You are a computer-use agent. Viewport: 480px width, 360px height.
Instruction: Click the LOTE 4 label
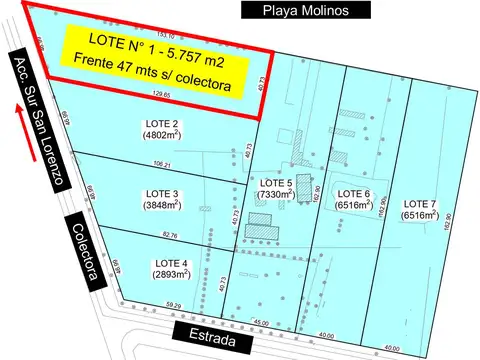[x=168, y=262]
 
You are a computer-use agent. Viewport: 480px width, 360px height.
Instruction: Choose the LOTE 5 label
[x=275, y=183]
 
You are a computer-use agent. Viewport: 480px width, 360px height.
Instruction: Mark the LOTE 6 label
[x=353, y=193]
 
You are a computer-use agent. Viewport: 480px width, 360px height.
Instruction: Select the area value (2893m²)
[x=168, y=274]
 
